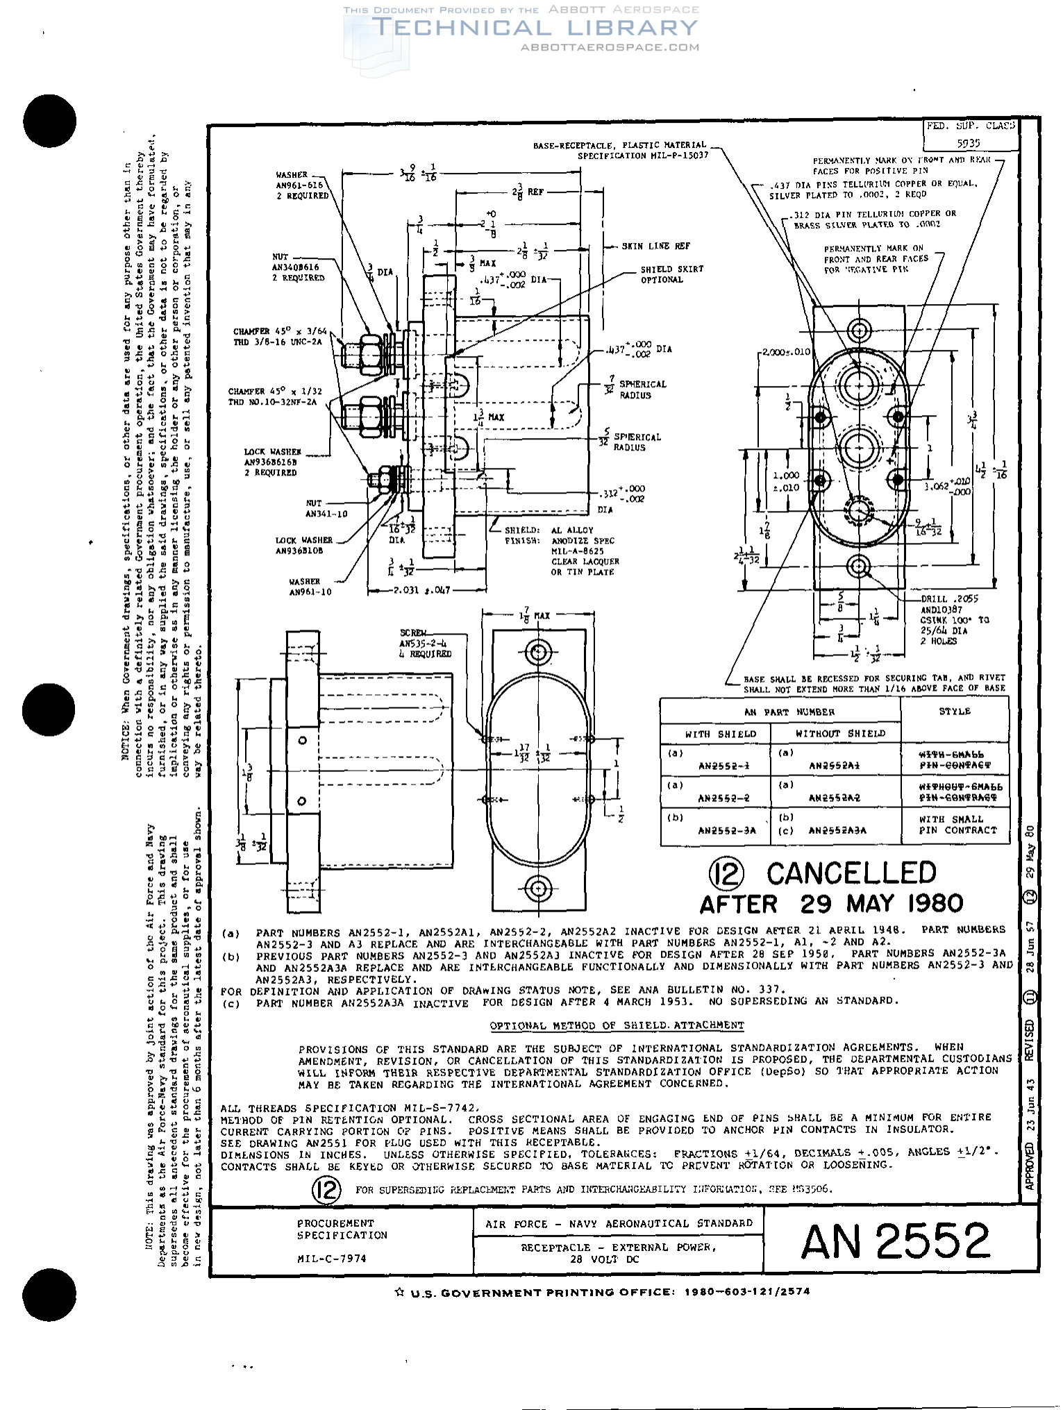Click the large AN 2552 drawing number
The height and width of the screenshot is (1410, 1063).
pos(896,1241)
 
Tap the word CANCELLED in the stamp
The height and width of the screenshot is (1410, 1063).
pos(851,873)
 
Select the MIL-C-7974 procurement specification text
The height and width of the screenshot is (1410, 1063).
pos(332,1259)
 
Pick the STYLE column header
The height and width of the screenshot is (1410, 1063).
pos(955,712)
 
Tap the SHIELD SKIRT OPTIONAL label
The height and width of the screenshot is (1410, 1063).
pos(671,274)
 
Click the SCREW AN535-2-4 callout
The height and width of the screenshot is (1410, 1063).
pos(425,644)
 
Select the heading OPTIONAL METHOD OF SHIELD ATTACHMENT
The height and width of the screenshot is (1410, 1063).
pos(617,1025)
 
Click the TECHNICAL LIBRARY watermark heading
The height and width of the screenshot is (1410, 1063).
pos(535,28)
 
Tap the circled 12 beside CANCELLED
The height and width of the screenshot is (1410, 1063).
pos(726,873)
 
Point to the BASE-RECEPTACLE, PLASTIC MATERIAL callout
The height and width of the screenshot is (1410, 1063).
pos(620,151)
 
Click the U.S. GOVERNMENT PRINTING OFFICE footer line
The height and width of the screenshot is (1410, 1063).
pos(601,1293)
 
